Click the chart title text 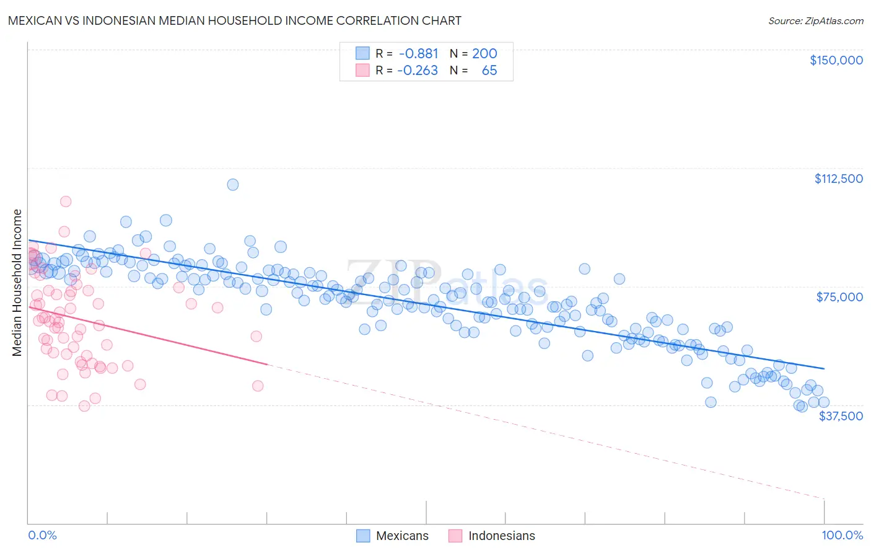click(234, 20)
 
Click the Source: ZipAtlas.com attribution click(815, 20)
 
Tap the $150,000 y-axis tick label click(836, 60)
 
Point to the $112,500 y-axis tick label click(838, 179)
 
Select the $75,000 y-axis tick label click(839, 297)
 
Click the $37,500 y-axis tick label click(840, 416)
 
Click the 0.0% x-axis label click(42, 535)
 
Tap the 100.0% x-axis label click(842, 535)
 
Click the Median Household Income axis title click(17, 283)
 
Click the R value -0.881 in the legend click(418, 54)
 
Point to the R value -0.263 click(418, 71)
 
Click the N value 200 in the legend click(484, 54)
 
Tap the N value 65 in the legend click(489, 71)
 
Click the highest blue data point click(233, 184)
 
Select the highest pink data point click(66, 201)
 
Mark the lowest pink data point click(84, 406)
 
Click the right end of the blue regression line click(823, 368)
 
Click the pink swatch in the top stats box click(362, 71)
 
